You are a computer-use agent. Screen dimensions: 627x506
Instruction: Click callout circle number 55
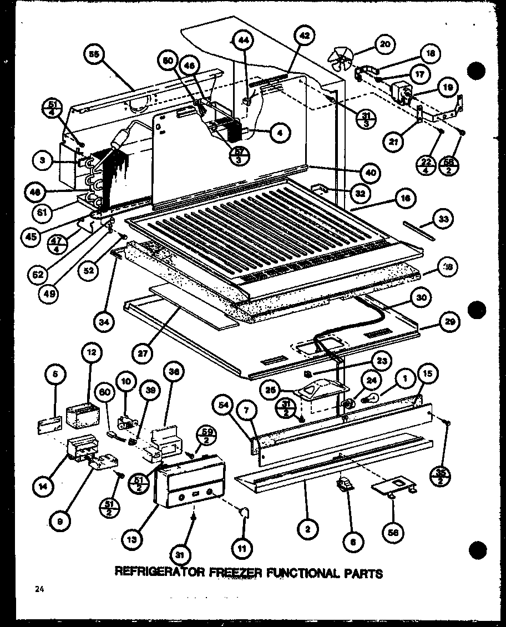click(94, 54)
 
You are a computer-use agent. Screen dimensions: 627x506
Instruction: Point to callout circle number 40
click(371, 173)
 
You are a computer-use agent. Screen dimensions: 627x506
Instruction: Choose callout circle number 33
click(442, 220)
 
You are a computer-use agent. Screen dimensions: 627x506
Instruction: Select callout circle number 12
click(90, 352)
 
